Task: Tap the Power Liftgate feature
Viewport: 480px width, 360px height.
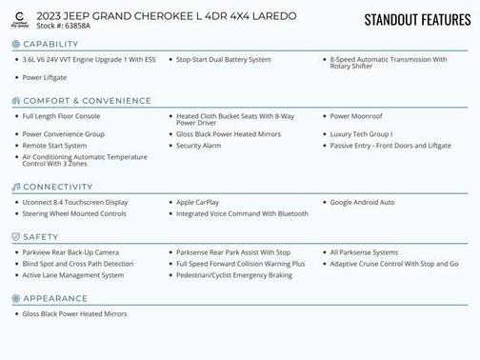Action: tap(45, 77)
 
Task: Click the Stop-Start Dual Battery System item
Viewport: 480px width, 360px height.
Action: tap(224, 59)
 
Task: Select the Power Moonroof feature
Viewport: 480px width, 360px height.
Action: tap(357, 116)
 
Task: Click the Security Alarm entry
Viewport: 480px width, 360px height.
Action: tap(199, 146)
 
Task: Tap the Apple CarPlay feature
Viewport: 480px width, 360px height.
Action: tap(198, 202)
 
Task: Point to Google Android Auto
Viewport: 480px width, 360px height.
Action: tap(362, 202)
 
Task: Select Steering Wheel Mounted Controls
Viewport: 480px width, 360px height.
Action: tap(74, 213)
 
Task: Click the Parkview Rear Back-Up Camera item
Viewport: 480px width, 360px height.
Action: tap(70, 251)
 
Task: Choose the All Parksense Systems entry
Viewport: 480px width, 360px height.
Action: tap(365, 251)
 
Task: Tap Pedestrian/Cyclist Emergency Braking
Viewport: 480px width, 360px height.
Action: tap(234, 275)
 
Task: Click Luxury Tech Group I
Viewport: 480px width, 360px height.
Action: tap(361, 134)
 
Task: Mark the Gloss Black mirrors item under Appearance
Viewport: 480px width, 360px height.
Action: tap(74, 313)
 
